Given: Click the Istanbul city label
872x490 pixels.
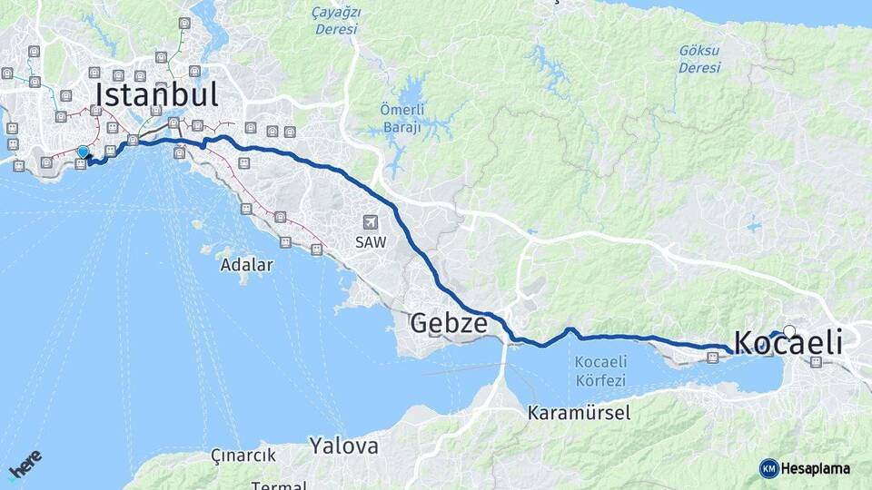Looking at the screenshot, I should click(156, 94).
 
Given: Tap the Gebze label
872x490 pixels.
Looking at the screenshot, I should click(449, 322).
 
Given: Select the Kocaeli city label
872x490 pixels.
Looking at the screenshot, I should click(787, 343).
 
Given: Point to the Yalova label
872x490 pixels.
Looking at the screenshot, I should click(343, 446).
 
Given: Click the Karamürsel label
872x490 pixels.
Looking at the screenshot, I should click(579, 413).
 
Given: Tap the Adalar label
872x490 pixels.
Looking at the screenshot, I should click(246, 265).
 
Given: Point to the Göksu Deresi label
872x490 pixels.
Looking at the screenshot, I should click(699, 59).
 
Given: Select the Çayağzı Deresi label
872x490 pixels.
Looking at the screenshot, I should click(336, 21).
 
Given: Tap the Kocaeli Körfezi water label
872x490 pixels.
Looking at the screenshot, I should click(600, 371).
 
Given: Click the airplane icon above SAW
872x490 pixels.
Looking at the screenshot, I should click(370, 222).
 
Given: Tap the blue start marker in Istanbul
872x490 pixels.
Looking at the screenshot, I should click(83, 152).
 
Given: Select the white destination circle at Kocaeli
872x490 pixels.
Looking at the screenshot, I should click(789, 332).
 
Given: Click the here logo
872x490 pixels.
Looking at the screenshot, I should click(25, 465).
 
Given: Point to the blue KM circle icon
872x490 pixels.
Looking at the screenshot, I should click(768, 468).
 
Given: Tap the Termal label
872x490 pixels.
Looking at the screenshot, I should click(278, 485).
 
